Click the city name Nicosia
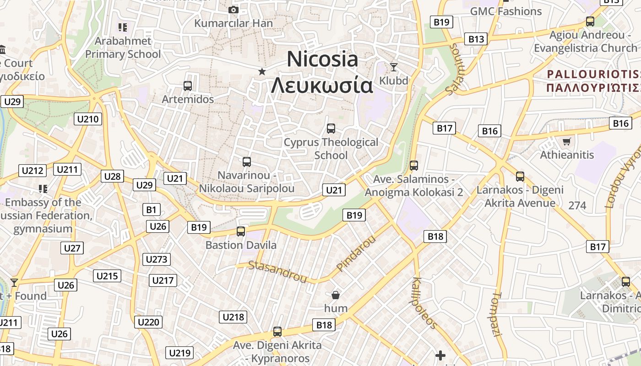[x=322, y=59]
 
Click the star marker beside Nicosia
[x=262, y=71]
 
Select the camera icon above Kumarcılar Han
[x=233, y=10]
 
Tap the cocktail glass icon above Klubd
[x=393, y=67]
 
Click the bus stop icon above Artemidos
[x=187, y=86]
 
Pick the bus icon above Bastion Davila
[x=241, y=231]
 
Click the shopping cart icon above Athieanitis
[x=566, y=141]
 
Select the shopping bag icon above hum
[x=336, y=295]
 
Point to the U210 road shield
[x=88, y=119]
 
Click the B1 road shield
[x=151, y=210]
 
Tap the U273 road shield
[x=157, y=259]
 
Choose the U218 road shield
[x=234, y=317]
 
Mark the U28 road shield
[x=112, y=176]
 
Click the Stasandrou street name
[x=277, y=271]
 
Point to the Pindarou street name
[x=355, y=253]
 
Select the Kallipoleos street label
[x=424, y=302]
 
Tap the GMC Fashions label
[x=506, y=11]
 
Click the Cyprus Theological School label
[x=331, y=149]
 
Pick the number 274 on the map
[x=577, y=205]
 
